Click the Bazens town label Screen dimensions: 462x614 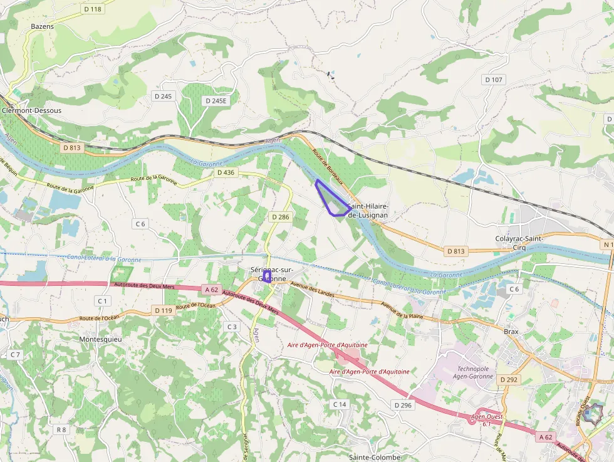click(42, 26)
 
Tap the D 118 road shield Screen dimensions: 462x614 click(92, 9)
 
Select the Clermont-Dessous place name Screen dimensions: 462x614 click(32, 110)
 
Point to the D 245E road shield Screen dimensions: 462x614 click(216, 100)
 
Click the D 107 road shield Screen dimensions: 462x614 click(494, 80)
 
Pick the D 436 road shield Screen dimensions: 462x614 click(225, 172)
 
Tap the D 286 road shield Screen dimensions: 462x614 click(280, 217)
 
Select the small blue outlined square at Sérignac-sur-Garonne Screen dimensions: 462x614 click(266, 276)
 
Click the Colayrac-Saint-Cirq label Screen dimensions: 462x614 click(519, 243)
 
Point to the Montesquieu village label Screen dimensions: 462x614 click(100, 339)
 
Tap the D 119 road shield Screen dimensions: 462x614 click(162, 310)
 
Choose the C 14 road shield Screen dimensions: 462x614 click(339, 404)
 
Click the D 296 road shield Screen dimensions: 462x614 click(403, 406)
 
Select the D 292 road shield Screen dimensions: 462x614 click(509, 380)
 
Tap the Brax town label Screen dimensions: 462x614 click(511, 332)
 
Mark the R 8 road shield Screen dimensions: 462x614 click(61, 429)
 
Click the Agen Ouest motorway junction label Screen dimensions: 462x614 click(486, 417)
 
